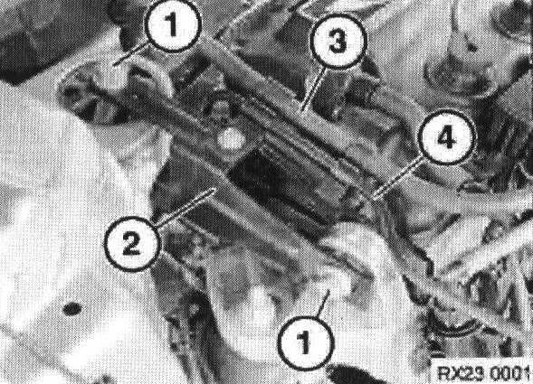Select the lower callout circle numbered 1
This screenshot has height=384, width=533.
click(305, 342)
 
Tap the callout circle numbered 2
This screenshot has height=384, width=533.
click(131, 243)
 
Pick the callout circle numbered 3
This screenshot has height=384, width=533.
click(338, 42)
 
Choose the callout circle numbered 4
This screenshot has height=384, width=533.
click(447, 137)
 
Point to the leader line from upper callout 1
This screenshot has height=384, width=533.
click(131, 53)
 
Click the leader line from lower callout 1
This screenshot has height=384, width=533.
click(323, 303)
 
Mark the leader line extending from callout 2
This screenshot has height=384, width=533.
click(186, 208)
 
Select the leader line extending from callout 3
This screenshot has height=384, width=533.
click(314, 89)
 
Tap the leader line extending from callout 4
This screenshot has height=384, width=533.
click(398, 179)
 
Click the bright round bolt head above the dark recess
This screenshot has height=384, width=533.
click(231, 139)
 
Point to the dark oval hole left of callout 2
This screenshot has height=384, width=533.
click(72, 309)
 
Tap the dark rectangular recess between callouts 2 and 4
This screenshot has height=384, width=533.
click(286, 183)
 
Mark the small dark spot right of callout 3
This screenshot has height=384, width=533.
click(472, 48)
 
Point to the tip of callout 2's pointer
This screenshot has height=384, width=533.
click(215, 189)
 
